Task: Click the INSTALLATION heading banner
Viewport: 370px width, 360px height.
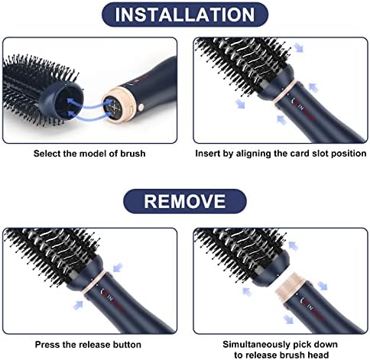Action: (185, 15)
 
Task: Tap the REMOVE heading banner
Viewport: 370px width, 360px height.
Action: (185, 201)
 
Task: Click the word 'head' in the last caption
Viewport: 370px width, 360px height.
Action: (318, 355)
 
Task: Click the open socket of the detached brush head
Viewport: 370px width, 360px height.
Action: (68, 103)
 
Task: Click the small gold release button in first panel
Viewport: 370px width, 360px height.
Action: (141, 107)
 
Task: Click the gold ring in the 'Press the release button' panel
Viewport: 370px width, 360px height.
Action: (94, 282)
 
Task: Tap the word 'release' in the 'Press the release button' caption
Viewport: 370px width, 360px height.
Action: (95, 345)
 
